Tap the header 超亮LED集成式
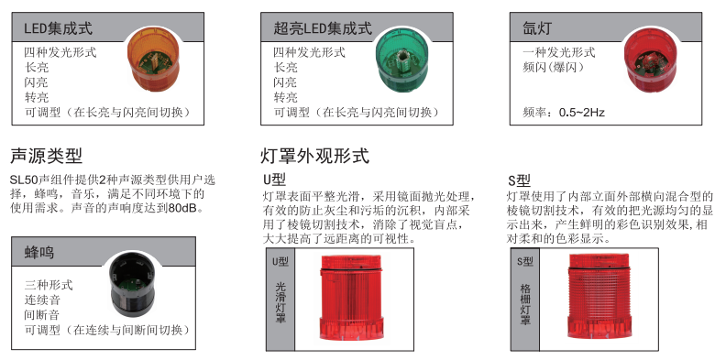coord(316,28)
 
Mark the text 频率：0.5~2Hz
coord(563,112)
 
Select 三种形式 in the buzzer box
coord(48,284)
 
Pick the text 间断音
coord(42,314)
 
